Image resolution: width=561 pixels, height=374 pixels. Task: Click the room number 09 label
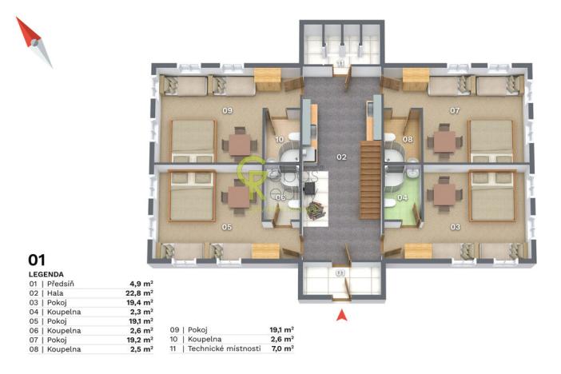point(227,110)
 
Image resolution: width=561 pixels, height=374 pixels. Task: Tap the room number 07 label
point(455,110)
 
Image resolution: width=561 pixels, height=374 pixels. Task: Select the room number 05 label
point(227,227)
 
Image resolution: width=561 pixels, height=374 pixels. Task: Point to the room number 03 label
point(455,227)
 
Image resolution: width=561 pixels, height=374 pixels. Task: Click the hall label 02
point(341,157)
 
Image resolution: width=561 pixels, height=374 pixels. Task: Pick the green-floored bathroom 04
point(403,205)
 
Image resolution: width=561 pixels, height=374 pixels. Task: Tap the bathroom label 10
point(280,139)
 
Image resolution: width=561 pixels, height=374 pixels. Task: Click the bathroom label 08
point(407,139)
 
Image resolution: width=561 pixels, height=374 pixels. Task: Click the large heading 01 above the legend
point(37,260)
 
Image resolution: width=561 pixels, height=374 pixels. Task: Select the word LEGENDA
point(47,273)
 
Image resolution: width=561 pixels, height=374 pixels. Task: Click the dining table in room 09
point(239,143)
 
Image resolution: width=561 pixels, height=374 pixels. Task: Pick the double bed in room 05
point(193,195)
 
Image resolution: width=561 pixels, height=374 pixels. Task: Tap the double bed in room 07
point(491,141)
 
